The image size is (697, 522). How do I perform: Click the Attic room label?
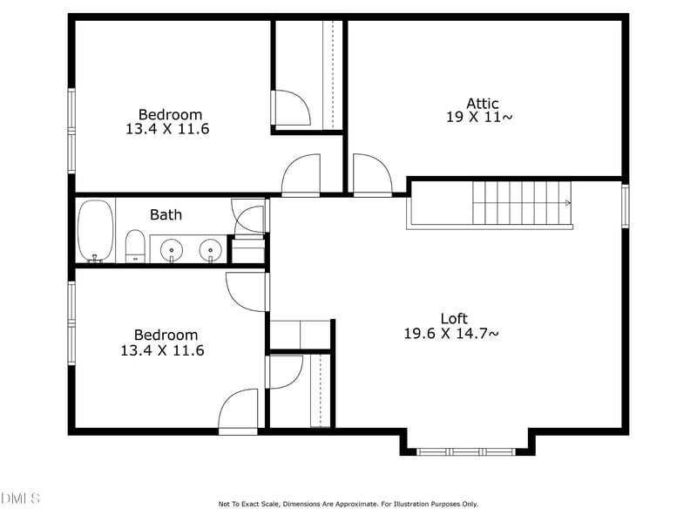coord(483,103)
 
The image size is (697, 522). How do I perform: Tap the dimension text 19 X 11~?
coord(479,118)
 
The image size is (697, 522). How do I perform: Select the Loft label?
coord(453,318)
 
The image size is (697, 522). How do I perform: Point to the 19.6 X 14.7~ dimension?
coord(451,333)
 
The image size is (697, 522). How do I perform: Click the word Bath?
coord(166,214)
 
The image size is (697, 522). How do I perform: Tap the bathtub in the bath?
coord(95,231)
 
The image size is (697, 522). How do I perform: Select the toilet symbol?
coord(135,246)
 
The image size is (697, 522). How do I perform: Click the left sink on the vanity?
coord(172,250)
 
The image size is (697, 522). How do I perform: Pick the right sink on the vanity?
coord(210,250)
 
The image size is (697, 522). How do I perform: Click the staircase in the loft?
coord(521,203)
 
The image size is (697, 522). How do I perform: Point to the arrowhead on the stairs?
coord(568,203)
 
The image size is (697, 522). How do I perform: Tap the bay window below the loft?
coord(466,451)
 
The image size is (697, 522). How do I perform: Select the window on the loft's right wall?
coord(625,205)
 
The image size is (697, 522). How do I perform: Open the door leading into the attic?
coord(372,174)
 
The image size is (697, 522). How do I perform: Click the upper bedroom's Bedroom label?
coord(170,114)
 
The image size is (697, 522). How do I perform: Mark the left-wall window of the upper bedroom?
coord(71,130)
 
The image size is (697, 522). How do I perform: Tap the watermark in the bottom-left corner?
coord(20,498)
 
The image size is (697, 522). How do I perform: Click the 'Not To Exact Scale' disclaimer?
coord(348,504)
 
